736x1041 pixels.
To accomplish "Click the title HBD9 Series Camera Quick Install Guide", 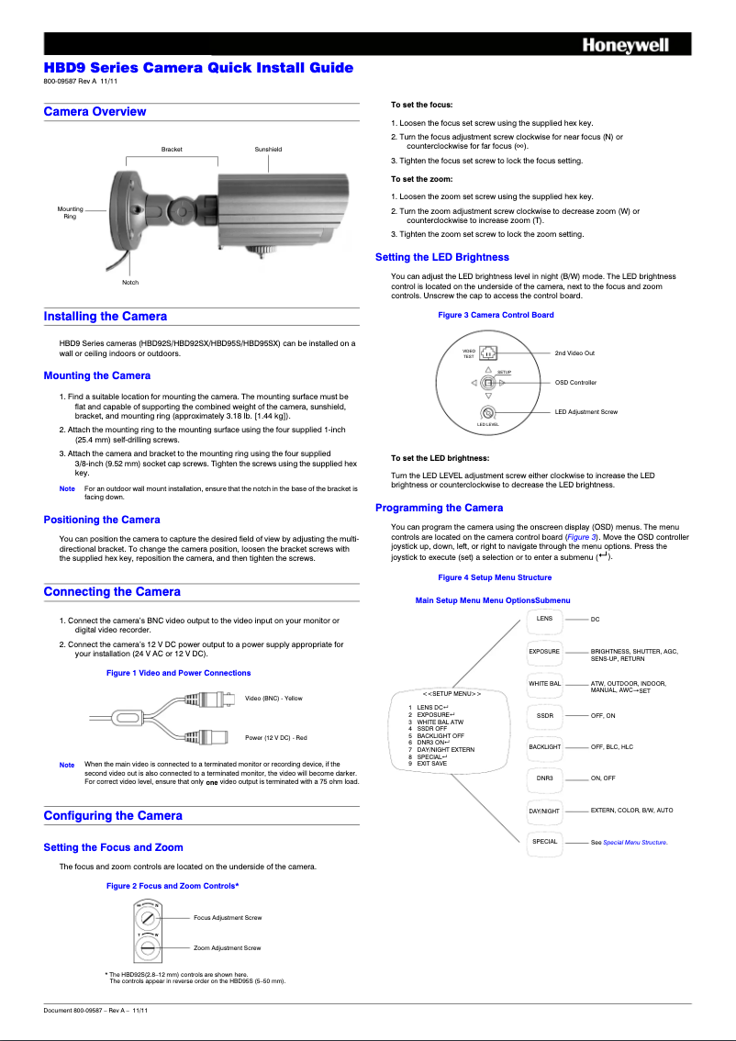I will pyautogui.click(x=198, y=68).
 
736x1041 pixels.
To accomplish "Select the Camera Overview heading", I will pyautogui.click(x=95, y=111).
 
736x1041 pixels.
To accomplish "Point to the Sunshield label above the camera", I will pyautogui.click(x=268, y=149).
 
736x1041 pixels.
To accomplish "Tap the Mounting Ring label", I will pyautogui.click(x=70, y=212).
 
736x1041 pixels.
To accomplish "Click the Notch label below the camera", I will pyautogui.click(x=130, y=283).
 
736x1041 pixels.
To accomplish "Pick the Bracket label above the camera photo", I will pyautogui.click(x=172, y=149).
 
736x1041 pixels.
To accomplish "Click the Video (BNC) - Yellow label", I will pyautogui.click(x=273, y=699).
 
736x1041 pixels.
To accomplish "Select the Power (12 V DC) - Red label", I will pyautogui.click(x=275, y=737).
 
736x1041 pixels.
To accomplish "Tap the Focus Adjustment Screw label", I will pyautogui.click(x=228, y=917).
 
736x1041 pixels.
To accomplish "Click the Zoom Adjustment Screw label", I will pyautogui.click(x=227, y=947).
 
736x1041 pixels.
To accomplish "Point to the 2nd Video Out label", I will pyautogui.click(x=574, y=353).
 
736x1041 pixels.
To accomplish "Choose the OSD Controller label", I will pyautogui.click(x=575, y=382).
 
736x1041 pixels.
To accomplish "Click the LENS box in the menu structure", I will pyautogui.click(x=544, y=620).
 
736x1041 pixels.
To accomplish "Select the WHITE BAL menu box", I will pyautogui.click(x=544, y=685).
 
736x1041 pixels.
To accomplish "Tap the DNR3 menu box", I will pyautogui.click(x=544, y=778).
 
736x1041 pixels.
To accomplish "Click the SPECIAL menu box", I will pyautogui.click(x=544, y=842).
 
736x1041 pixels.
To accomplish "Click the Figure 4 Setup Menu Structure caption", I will pyautogui.click(x=495, y=577).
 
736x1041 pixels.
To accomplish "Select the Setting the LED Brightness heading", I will pyautogui.click(x=441, y=256).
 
